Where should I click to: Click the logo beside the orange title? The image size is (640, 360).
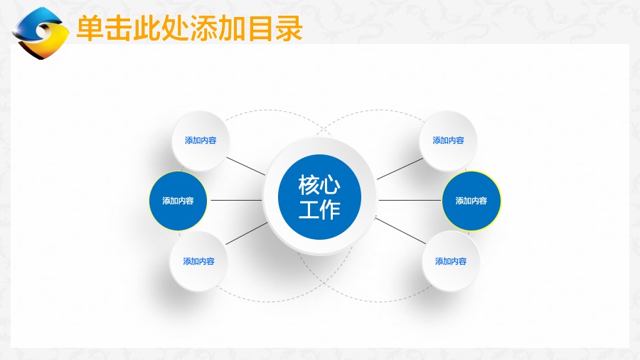[40, 33]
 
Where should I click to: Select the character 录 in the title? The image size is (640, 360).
[289, 28]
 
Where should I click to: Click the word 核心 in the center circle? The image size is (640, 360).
[319, 185]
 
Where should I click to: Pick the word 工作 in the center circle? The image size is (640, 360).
[319, 210]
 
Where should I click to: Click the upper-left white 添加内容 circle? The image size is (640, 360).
[201, 141]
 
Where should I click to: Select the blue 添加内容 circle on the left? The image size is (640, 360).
[178, 201]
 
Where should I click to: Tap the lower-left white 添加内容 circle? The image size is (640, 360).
[198, 261]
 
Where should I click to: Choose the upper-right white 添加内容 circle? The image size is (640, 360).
[448, 141]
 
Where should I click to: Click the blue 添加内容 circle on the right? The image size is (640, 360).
[471, 201]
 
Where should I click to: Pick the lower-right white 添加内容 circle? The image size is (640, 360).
[451, 261]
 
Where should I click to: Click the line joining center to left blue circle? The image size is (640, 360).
[236, 200]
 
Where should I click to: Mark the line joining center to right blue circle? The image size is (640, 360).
[410, 200]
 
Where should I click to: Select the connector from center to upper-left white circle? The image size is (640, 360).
[246, 166]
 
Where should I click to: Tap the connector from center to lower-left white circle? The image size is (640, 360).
[247, 233]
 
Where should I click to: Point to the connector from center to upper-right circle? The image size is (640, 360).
[400, 169]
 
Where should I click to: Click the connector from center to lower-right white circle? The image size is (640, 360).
[400, 231]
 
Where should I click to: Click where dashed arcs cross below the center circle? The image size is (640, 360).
[324, 282]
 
